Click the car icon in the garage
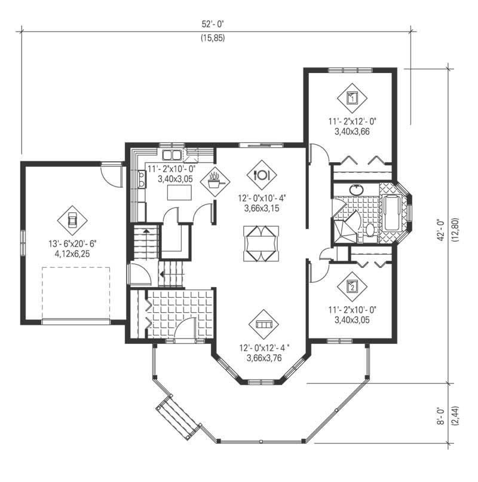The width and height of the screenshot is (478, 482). tap(72, 220)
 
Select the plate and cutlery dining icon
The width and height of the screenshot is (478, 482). tap(262, 174)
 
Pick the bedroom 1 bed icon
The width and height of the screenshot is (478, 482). tap(352, 97)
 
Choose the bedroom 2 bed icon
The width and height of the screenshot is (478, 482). tap(352, 286)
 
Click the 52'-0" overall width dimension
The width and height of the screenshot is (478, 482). tap(216, 25)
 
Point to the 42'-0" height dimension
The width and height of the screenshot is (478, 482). tap(443, 227)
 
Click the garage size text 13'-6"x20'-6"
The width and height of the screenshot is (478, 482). tap(72, 245)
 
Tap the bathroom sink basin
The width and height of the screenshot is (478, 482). tap(357, 190)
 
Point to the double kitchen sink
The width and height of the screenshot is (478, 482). tap(168, 150)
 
